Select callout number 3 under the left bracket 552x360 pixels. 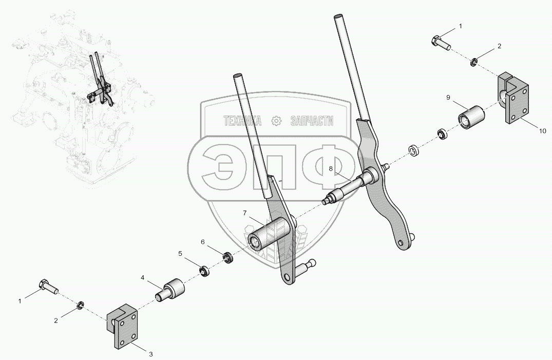(x=150, y=354)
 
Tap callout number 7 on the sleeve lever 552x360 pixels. (x=245, y=213)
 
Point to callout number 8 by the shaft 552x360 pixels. (x=331, y=168)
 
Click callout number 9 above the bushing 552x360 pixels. (x=448, y=97)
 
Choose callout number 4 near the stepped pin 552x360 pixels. (x=143, y=278)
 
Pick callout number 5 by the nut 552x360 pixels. (x=180, y=253)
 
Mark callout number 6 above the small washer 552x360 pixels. (x=203, y=241)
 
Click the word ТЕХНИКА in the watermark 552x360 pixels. (x=242, y=121)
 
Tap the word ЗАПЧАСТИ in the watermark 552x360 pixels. (x=312, y=121)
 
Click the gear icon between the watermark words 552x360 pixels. (x=276, y=121)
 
